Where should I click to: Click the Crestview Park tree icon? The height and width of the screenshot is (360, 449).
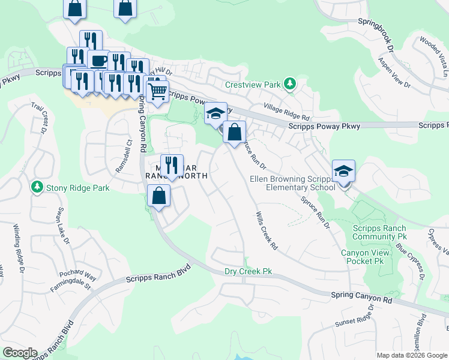pos(291,84)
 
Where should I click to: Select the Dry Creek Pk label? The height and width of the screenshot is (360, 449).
pos(248,271)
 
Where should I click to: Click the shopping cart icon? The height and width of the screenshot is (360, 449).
pos(157,92)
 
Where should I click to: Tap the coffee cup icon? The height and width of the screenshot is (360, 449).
pos(98,60)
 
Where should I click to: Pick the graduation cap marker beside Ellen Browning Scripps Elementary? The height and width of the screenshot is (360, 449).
pos(344,170)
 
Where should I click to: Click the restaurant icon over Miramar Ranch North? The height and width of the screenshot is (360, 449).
pos(172,165)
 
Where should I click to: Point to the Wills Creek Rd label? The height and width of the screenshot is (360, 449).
pos(267,230)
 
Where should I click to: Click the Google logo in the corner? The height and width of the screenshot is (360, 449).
pos(20,353)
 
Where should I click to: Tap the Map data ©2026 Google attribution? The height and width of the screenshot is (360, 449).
pos(411,355)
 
